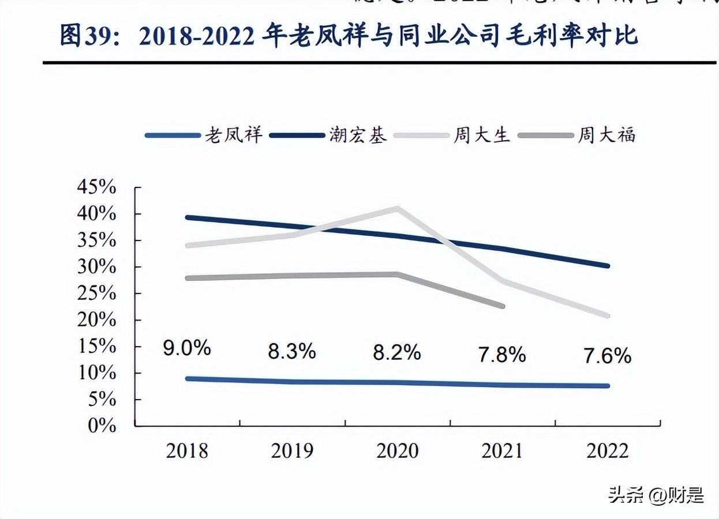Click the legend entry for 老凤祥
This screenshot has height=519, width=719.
pos(204,136)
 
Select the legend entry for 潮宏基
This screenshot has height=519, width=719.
pos(328,136)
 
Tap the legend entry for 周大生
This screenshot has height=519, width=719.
pos(452,136)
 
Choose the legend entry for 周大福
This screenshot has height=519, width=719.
pos(577,136)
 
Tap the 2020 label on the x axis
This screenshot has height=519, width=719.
pos(397,450)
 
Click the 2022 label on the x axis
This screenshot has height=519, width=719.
pos(607,450)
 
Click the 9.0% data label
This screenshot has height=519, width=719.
pos(186,348)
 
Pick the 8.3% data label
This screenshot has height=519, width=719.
pos(291,351)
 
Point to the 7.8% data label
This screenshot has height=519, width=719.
pos(501,354)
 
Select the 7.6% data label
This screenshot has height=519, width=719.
pos(607,356)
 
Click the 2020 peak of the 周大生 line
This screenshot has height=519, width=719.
pos(397,208)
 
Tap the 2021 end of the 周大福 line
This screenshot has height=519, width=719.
pos(503,306)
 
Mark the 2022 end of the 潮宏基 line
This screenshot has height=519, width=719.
pos(607,266)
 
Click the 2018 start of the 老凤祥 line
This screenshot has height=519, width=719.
pos(188,378)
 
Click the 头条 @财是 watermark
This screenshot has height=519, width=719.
pos(656,495)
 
